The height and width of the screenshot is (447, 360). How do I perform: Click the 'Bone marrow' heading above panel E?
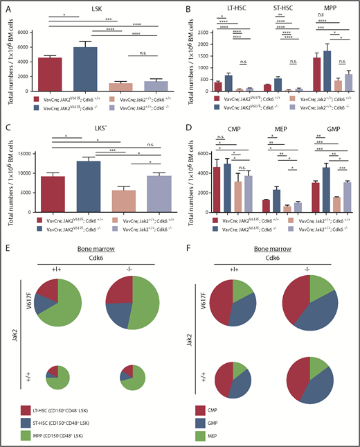(x=92, y=268)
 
